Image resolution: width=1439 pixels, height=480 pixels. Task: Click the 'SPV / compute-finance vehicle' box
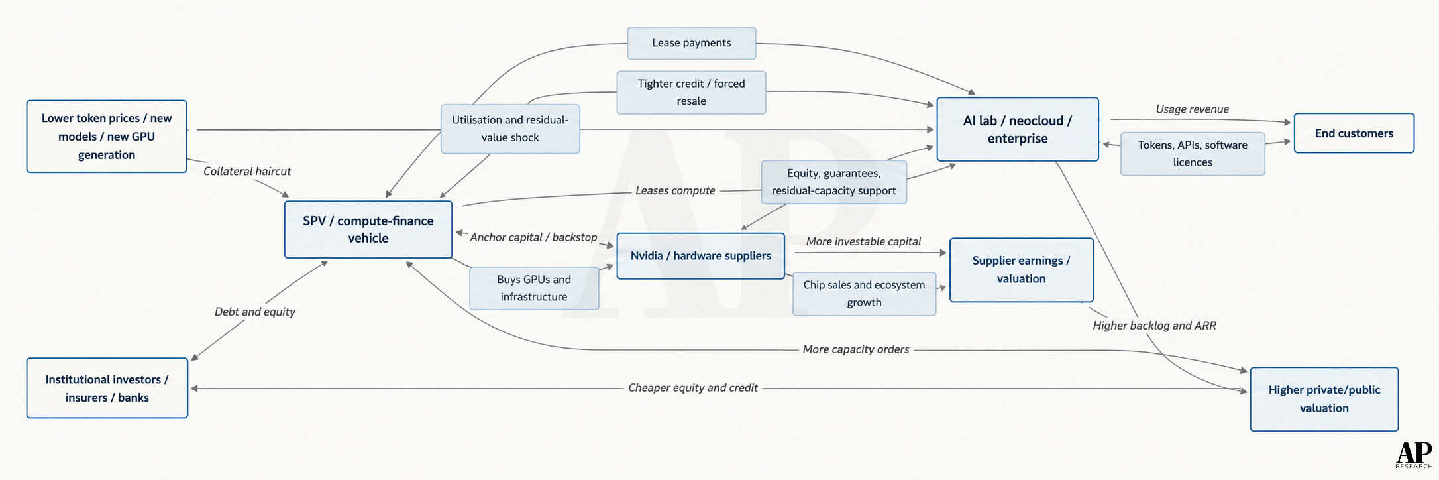click(368, 229)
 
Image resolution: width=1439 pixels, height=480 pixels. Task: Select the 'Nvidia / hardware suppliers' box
click(700, 256)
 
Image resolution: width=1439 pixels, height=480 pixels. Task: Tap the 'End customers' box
click(1354, 133)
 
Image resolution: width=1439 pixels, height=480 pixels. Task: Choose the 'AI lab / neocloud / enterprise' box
click(1018, 129)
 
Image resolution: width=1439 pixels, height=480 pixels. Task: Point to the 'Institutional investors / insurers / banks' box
click(107, 389)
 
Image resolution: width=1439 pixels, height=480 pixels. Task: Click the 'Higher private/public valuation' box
click(1324, 399)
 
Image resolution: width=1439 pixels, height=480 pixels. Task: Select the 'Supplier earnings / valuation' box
click(1022, 270)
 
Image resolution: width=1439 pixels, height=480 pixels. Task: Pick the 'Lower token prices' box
click(107, 137)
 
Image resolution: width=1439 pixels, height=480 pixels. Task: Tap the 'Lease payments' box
click(692, 43)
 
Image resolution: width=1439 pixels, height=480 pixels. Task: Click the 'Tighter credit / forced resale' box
click(692, 93)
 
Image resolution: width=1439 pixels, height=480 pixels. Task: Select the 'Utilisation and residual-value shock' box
click(510, 129)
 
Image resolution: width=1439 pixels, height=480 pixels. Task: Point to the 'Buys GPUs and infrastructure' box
click(534, 288)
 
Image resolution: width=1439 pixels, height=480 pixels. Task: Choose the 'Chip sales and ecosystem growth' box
click(864, 294)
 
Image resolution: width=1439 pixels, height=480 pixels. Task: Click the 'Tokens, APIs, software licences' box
click(1193, 154)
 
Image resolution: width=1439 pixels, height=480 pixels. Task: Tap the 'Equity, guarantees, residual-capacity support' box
click(833, 182)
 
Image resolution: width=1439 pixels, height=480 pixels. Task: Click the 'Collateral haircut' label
click(247, 171)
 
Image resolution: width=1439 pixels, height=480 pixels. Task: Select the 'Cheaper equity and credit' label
click(693, 388)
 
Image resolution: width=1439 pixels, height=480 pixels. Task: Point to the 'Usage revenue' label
click(1193, 109)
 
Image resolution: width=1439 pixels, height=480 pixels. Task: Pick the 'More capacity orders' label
click(856, 349)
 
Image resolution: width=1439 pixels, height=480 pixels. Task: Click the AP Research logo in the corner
click(1414, 455)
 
